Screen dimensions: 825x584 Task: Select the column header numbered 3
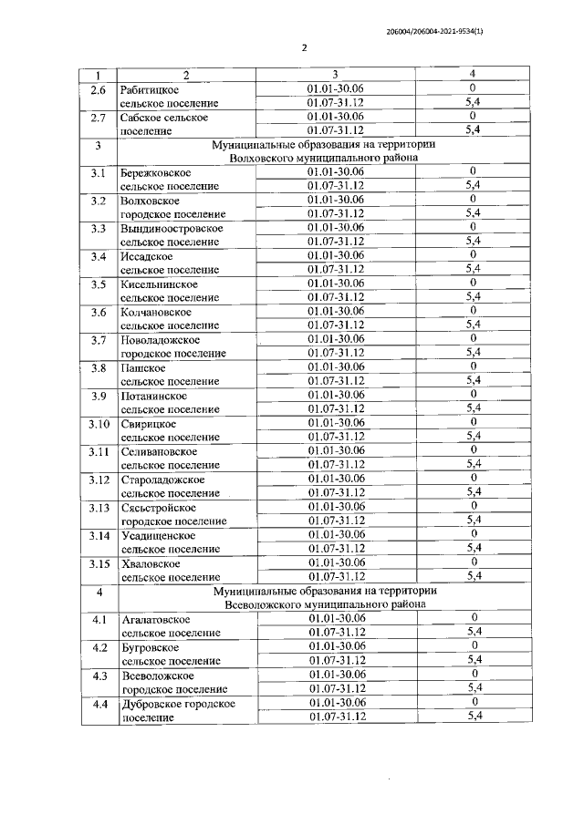click(335, 74)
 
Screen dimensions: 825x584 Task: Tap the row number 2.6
click(99, 89)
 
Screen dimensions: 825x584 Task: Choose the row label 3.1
click(99, 172)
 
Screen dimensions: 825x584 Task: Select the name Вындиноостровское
click(172, 228)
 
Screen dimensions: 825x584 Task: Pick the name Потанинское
click(154, 396)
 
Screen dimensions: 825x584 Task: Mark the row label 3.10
click(99, 423)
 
